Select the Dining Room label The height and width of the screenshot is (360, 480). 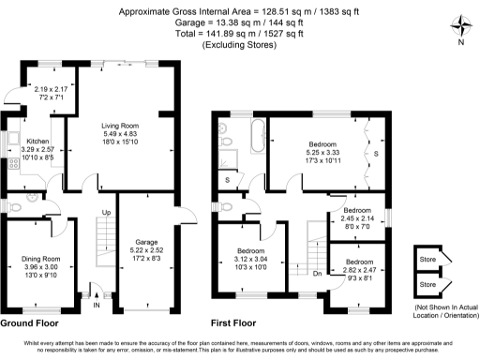(x=40, y=258)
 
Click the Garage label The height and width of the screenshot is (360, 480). (x=146, y=241)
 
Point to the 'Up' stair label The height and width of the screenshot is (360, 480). (x=106, y=213)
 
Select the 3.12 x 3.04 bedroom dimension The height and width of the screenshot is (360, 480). (x=249, y=260)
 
